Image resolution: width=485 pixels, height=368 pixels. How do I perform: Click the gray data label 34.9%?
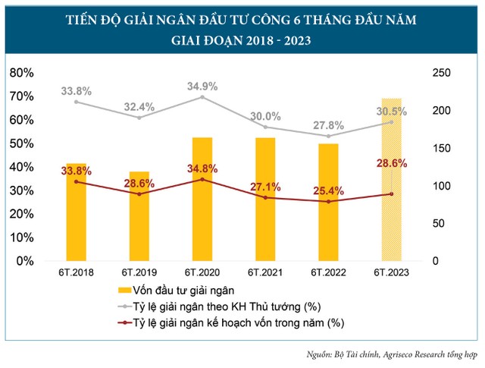(202, 86)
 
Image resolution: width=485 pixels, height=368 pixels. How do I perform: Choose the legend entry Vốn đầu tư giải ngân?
(182, 291)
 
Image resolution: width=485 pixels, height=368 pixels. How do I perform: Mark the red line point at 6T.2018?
(76, 181)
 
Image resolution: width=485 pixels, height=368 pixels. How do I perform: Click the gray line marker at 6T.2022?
(328, 136)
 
